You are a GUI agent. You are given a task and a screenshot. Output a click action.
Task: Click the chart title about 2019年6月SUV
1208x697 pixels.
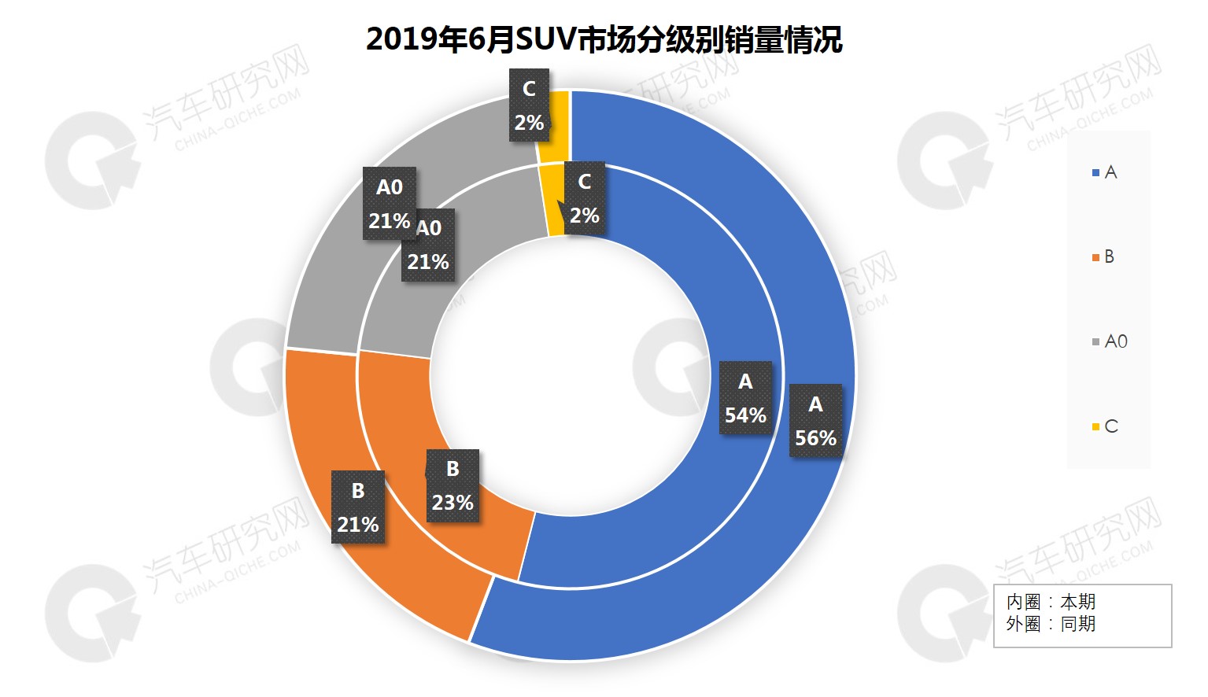point(604,39)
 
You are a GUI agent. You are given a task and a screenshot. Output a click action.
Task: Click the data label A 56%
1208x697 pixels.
point(815,422)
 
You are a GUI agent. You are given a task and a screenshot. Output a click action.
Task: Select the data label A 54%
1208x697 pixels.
point(745,399)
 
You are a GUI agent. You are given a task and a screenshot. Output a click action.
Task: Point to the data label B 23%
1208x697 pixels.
point(453,486)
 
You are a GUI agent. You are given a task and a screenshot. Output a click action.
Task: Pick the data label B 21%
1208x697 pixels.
point(358,507)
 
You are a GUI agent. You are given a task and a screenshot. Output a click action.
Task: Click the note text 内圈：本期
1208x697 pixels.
point(1051,602)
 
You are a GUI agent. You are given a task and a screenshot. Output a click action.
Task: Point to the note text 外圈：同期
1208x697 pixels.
point(1051,624)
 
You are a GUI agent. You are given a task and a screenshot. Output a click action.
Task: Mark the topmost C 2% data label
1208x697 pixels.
point(529,105)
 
